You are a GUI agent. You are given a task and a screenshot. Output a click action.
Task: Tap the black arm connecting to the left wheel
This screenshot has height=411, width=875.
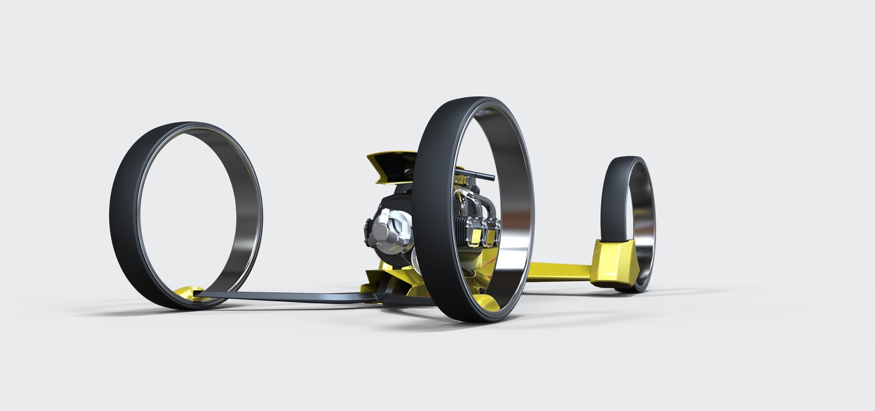[292, 297]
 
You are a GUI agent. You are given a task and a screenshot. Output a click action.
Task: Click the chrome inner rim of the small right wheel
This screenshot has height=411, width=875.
[646, 214]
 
